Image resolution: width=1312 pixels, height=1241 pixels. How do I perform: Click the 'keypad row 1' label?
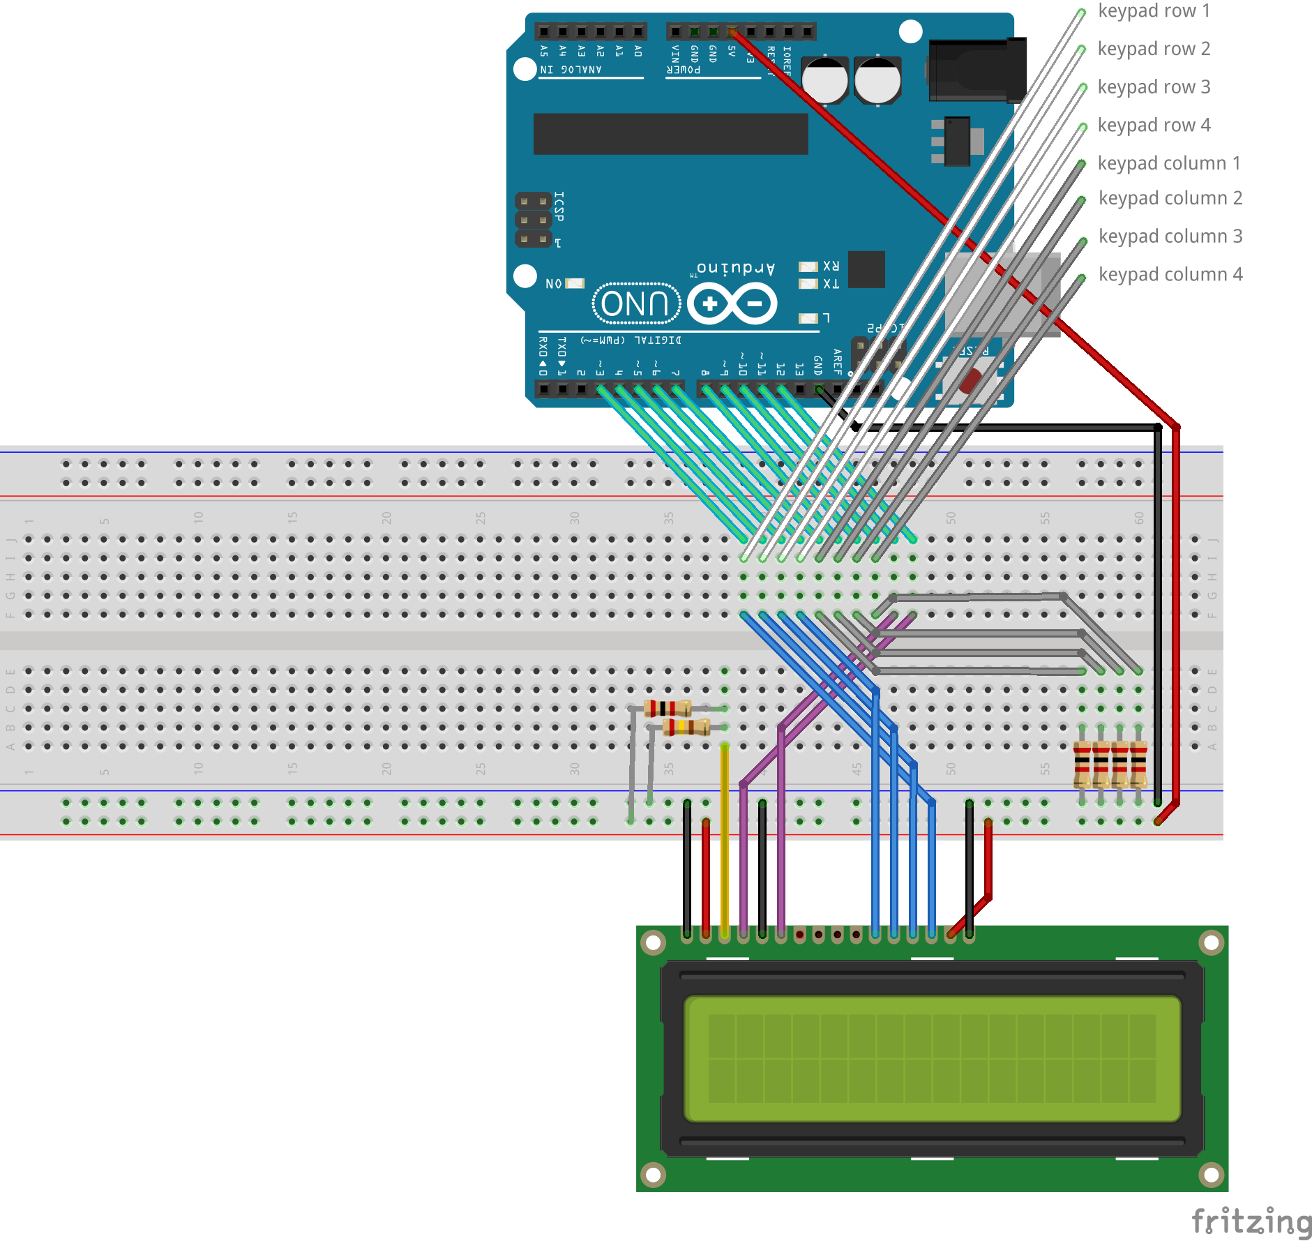1154,11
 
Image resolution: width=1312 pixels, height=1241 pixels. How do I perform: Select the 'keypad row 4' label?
1154,126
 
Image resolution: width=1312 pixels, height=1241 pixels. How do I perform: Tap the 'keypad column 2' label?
1170,199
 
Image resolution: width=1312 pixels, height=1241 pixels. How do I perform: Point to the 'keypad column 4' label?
1170,275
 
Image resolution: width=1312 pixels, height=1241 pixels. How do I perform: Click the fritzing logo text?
1251,1221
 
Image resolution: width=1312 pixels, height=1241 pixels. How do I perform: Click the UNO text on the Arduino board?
635,304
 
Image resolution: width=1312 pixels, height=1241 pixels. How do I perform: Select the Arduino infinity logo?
732,304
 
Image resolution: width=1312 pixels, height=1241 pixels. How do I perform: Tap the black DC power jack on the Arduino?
977,70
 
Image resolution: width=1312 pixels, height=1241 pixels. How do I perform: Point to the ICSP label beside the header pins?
559,206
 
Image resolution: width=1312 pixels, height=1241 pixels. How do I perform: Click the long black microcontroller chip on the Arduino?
670,134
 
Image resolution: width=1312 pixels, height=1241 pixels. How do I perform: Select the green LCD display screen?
932,1059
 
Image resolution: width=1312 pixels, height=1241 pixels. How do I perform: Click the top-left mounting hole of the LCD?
654,943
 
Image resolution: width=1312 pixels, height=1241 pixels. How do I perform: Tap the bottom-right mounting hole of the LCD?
1212,1175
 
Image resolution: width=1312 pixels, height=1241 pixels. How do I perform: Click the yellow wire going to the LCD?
725,837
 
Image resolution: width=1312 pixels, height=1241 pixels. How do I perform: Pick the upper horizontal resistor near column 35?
668,709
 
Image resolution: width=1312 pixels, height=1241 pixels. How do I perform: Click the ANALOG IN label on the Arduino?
571,70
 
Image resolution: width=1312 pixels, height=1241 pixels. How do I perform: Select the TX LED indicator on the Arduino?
808,284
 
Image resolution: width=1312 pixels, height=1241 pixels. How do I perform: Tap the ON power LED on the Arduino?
575,283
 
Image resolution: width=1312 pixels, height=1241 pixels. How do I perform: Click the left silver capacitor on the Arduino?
825,80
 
